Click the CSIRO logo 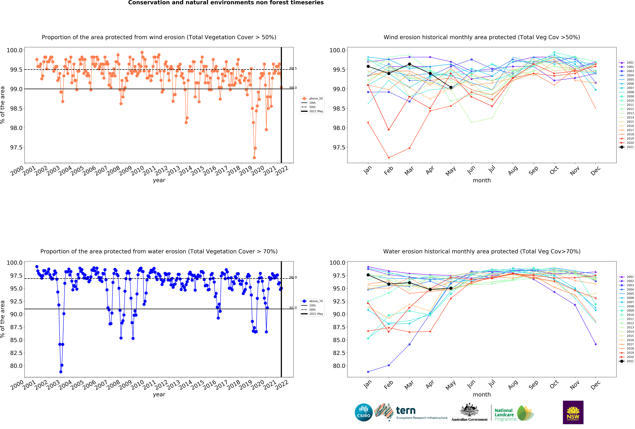[x=363, y=412]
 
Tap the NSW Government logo [x=573, y=412]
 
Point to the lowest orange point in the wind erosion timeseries [x=254, y=158]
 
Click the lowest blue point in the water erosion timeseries [x=61, y=372]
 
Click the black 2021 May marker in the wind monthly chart [x=451, y=87]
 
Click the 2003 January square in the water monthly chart [x=368, y=372]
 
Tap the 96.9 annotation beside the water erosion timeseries [x=293, y=277]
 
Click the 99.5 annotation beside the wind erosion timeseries [x=293, y=69]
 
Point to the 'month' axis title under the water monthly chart [x=482, y=395]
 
